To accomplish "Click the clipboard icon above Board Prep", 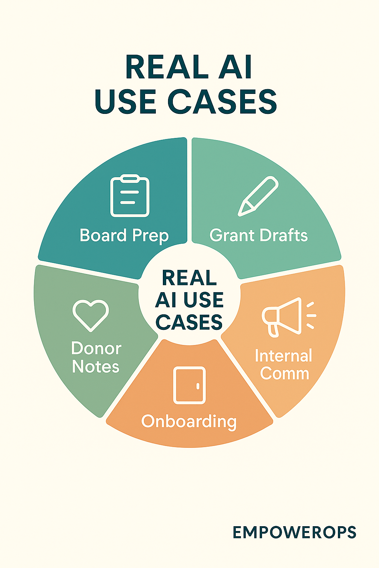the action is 130,196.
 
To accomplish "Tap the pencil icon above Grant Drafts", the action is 258,196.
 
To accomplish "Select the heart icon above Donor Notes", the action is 91,315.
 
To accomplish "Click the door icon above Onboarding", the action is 189,385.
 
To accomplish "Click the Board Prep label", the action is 124,236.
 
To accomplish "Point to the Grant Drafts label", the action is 258,236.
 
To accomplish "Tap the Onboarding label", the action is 189,422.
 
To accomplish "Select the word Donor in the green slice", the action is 96,348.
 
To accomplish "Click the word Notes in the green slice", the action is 95,367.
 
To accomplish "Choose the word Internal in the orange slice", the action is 284,356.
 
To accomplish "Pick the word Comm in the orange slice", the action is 284,373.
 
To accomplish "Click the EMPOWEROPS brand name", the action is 294,532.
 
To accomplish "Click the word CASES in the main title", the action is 222,101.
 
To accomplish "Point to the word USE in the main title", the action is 125,101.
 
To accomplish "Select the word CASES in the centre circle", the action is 189,322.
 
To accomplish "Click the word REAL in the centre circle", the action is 189,278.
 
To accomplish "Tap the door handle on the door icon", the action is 198,386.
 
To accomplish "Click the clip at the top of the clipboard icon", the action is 130,179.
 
